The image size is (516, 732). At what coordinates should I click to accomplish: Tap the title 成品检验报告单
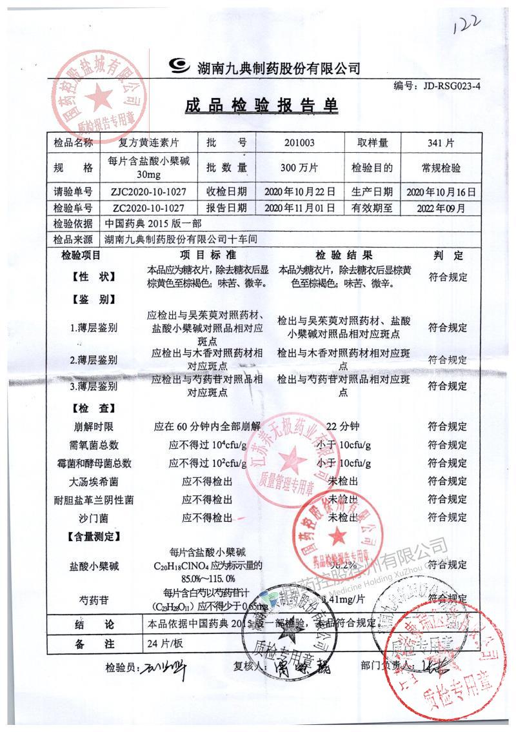click(x=262, y=106)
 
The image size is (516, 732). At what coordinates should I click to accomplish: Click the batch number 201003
click(x=299, y=143)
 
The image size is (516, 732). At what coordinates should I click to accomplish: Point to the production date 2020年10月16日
click(x=441, y=192)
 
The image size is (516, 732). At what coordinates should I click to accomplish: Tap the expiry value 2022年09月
click(x=441, y=208)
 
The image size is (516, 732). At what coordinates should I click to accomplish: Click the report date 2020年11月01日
click(x=299, y=208)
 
